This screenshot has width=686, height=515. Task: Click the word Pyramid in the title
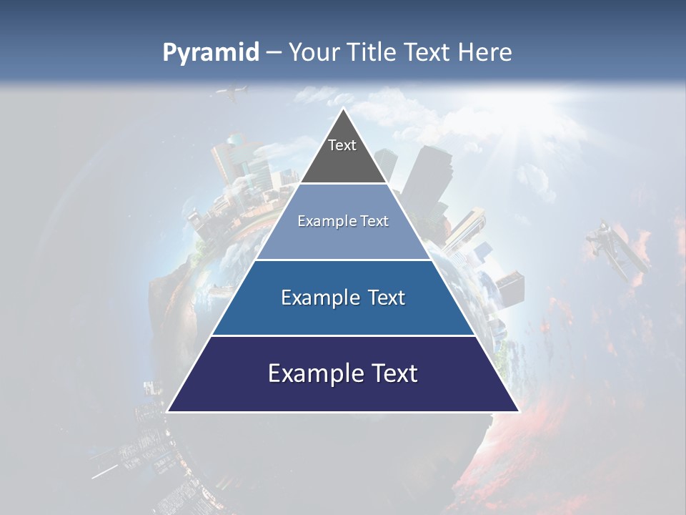tap(211, 53)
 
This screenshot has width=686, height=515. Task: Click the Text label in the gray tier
tap(342, 145)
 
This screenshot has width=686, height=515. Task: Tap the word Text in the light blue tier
tap(372, 222)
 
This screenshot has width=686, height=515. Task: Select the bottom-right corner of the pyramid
tap(518, 411)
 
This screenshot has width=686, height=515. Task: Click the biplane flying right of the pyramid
tap(618, 250)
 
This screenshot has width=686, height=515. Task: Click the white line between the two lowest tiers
tap(343, 335)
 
